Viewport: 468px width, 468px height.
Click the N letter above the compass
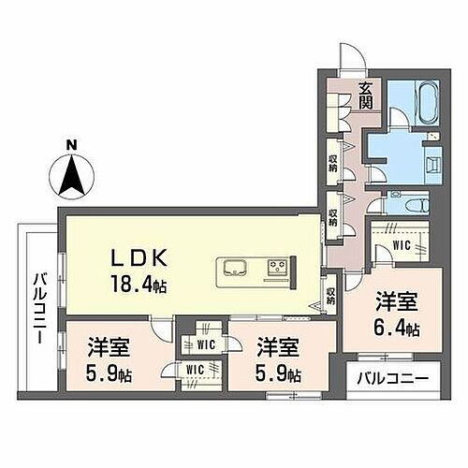[x=71, y=146]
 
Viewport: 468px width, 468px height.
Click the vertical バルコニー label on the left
[x=39, y=308]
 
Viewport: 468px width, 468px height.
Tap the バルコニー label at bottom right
[x=393, y=381]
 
